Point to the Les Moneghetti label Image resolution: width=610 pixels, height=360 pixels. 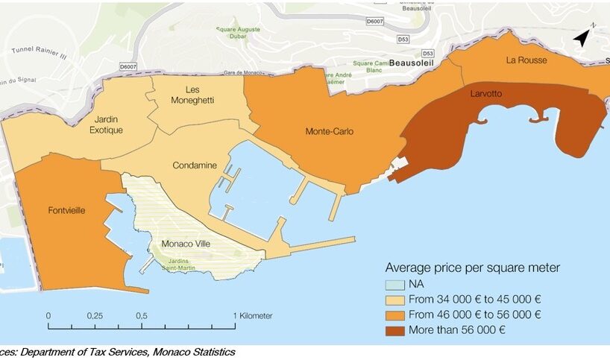click(x=192, y=95)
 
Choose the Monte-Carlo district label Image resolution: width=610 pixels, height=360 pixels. click(x=329, y=132)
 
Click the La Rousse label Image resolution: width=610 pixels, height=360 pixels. click(x=526, y=60)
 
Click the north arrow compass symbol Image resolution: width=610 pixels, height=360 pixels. click(x=583, y=37)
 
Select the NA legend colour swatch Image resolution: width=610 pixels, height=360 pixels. click(x=395, y=285)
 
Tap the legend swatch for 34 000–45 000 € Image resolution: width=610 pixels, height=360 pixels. click(x=395, y=300)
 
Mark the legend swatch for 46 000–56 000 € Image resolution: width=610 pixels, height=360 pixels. click(x=395, y=315)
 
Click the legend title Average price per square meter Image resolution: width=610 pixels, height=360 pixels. click(x=472, y=268)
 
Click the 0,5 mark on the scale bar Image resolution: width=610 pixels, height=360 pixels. click(x=142, y=315)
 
